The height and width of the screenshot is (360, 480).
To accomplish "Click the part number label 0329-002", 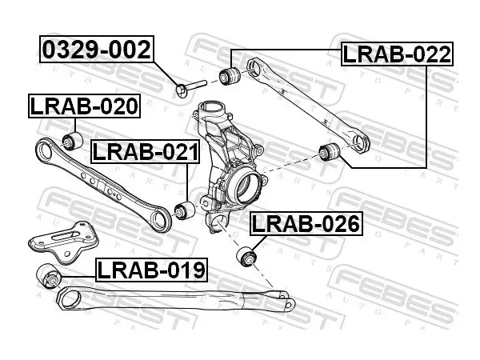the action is (97, 50).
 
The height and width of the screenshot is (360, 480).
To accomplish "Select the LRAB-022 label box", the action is (397, 54).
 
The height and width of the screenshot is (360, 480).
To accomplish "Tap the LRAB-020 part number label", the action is (84, 106).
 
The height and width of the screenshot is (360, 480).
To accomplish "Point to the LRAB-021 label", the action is (146, 152).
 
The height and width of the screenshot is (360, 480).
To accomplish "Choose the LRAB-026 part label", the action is (306, 223).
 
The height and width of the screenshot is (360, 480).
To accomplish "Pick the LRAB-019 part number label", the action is (151, 270).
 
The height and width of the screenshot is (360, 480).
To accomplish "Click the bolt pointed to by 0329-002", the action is (191, 87).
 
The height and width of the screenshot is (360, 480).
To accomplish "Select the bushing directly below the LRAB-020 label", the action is (73, 141).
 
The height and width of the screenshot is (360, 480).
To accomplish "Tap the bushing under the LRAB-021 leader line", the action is (184, 210).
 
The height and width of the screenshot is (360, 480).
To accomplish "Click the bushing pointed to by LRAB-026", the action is (247, 256).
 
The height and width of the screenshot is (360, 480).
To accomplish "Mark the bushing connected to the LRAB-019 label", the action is (49, 276).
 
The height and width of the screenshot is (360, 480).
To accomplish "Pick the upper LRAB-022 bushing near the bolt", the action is (230, 76).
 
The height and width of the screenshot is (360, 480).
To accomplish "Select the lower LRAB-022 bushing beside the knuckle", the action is (330, 151).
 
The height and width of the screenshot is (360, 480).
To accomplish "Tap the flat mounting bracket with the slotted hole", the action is (64, 242).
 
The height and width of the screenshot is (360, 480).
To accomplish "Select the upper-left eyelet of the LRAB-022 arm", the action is (255, 66).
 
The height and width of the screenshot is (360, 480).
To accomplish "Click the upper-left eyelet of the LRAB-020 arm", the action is (46, 152).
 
